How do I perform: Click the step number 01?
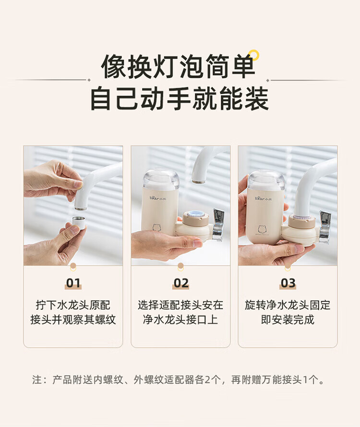pos(73,283)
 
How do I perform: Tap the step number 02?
pos(180,283)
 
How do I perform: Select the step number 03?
pos(288,283)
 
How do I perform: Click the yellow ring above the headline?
pos(254,54)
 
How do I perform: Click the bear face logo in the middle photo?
pos(157,227)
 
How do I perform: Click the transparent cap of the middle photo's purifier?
pos(161,179)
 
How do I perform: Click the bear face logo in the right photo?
pos(262,229)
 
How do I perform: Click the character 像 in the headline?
pos(113,66)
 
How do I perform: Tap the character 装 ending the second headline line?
pos(257,98)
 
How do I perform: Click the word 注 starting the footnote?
pos(37,379)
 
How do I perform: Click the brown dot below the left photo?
pos(73,266)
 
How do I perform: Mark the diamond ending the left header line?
pos(89,80)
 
